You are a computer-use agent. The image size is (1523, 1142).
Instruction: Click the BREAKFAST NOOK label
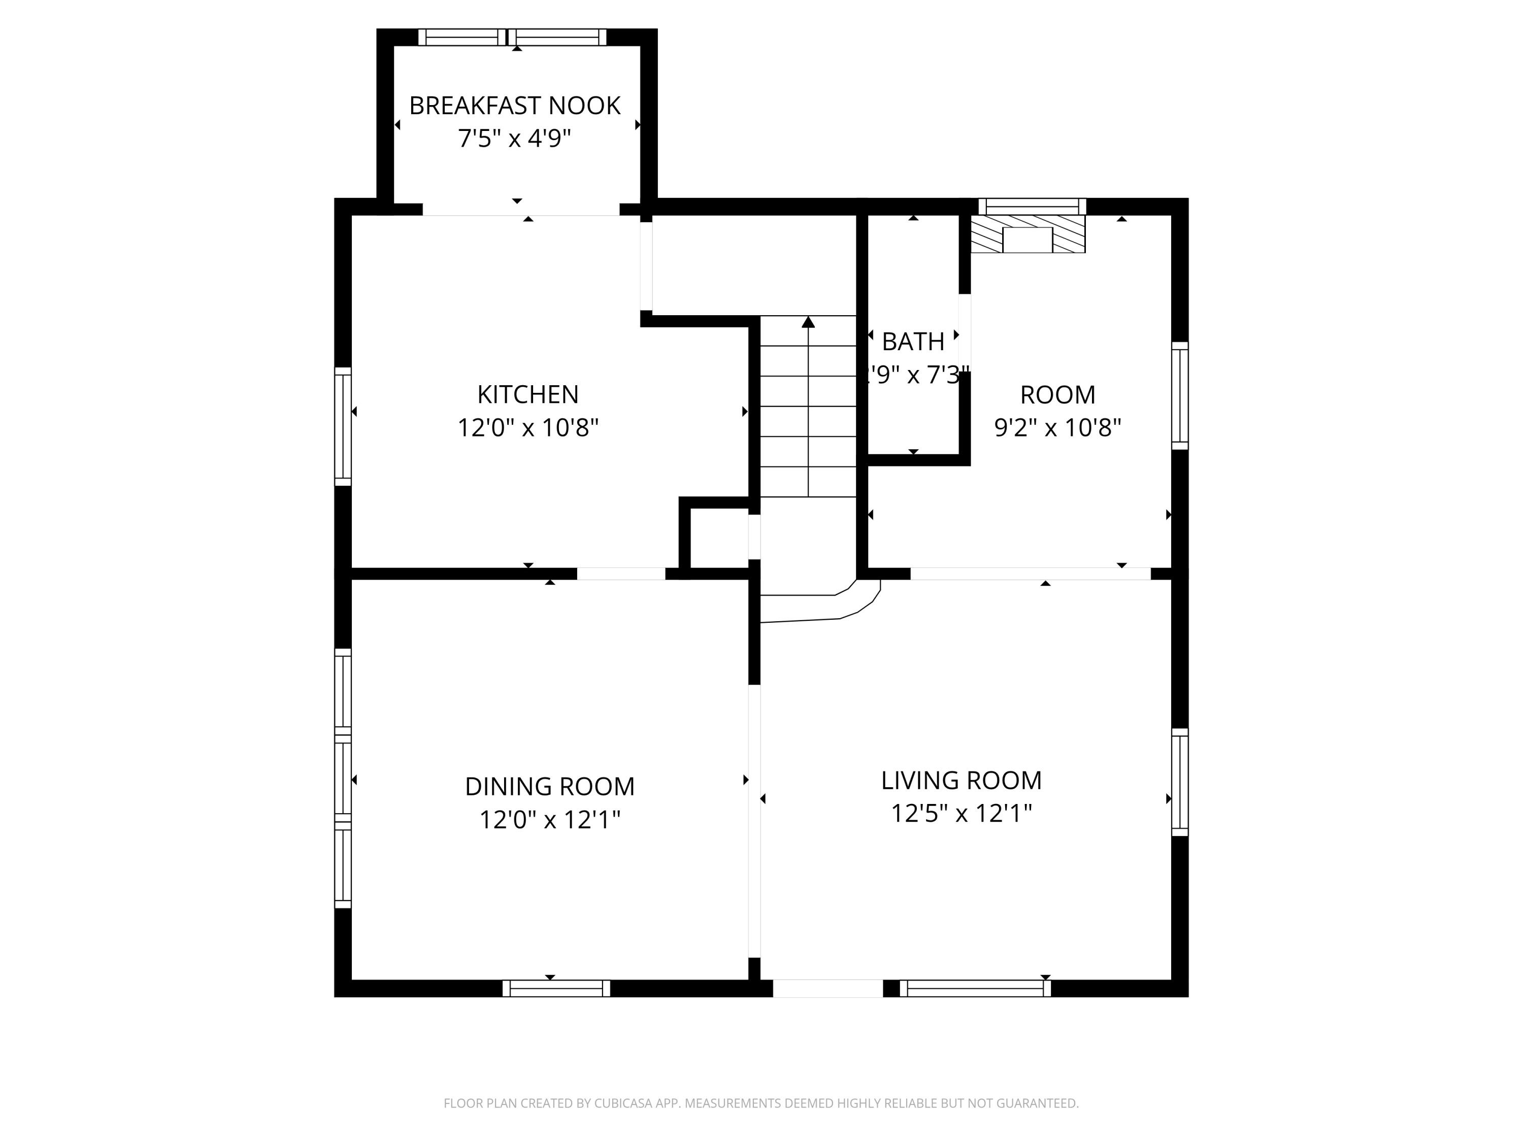coord(514,106)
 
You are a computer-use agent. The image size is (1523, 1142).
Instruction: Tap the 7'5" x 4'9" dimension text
coord(514,139)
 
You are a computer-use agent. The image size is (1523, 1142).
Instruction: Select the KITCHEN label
coord(527,394)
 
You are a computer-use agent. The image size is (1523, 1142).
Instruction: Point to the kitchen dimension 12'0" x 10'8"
coord(527,428)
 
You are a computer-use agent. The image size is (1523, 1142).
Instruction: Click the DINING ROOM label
coord(549,786)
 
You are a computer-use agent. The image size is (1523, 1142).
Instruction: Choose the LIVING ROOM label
coord(961,780)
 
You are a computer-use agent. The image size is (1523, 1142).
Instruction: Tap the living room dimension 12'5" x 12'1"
coord(961,814)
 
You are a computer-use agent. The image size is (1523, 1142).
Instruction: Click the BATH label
coord(913,342)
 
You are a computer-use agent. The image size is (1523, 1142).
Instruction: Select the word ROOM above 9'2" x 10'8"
coord(1057,394)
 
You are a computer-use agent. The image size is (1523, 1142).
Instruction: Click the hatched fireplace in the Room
coord(1028,234)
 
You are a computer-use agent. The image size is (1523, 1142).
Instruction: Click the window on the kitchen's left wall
coord(343,427)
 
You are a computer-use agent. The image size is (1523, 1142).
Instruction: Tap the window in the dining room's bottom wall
coord(556,989)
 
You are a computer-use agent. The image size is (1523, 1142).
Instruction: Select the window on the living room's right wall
coord(1179,782)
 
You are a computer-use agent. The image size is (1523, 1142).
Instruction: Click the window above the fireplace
coord(1032,207)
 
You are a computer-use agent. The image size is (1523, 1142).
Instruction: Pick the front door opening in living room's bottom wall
coord(827,989)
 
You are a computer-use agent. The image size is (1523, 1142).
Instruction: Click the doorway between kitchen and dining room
coord(620,574)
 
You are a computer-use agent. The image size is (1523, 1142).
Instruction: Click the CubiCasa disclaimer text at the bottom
coord(761,1103)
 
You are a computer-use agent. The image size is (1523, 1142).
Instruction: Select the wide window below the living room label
coord(975,989)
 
